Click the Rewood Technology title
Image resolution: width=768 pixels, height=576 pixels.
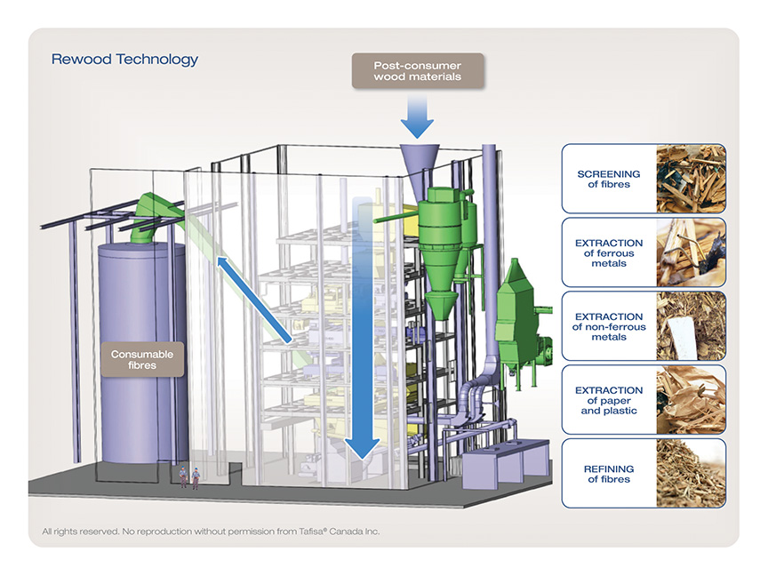coord(124,60)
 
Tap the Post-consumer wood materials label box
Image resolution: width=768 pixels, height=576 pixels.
coord(418,71)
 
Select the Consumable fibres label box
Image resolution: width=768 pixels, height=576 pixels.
coord(142,359)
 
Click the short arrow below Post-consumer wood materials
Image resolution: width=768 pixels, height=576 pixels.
coord(417,116)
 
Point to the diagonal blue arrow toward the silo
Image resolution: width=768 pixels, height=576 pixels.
coord(254,300)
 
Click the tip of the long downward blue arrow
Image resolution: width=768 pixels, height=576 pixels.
coord(363,460)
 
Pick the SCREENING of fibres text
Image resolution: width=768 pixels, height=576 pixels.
coord(608,179)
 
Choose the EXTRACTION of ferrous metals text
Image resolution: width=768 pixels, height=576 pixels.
coord(609,252)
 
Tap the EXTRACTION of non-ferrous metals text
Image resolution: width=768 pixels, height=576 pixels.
coord(609,327)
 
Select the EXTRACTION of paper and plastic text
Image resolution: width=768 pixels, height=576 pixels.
coord(609,400)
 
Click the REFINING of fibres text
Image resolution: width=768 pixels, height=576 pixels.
coord(609,474)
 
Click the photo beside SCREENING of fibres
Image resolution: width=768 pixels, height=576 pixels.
coord(691,179)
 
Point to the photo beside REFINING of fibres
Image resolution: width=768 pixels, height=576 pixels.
coord(691,473)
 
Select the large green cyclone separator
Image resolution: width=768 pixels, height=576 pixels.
coord(440,252)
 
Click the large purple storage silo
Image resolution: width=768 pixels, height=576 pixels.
coord(142,353)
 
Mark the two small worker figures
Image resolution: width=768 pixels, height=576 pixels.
coord(189,477)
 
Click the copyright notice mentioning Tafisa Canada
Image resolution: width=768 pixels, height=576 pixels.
coord(211,531)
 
